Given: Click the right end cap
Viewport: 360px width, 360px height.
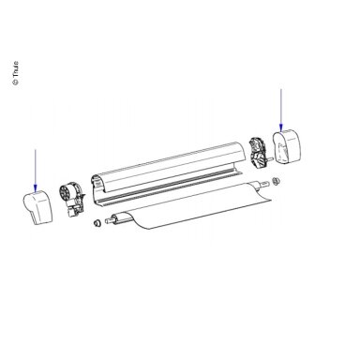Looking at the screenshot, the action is (287, 146).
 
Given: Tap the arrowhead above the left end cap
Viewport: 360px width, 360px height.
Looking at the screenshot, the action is (36, 187).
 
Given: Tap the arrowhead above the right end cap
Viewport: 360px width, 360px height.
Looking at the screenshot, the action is (281, 127).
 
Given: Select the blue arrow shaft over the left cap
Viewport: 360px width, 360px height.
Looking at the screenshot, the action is (36, 167).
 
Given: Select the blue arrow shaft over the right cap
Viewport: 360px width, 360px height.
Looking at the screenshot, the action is (281, 107).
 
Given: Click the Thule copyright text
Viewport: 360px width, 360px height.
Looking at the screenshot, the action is (15, 73).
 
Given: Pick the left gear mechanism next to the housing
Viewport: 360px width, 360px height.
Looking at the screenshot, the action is (72, 200).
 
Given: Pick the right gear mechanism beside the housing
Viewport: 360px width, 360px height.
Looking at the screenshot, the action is (259, 153).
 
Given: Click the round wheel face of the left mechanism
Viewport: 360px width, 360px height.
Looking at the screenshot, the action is (66, 193).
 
